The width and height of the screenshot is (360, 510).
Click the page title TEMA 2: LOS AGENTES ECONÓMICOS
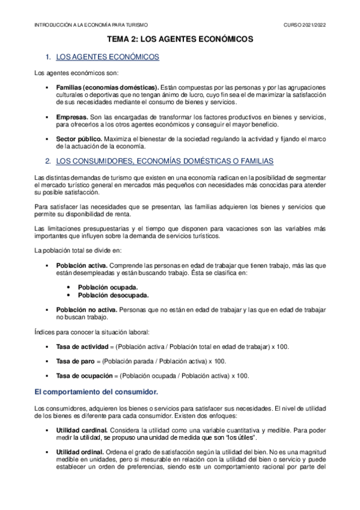pyautogui.click(x=180, y=39)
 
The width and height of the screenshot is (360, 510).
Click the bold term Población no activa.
pyautogui.click(x=87, y=309)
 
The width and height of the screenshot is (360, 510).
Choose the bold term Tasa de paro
pyautogui.click(x=76, y=361)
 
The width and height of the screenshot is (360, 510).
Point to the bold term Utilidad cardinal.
pyautogui.click(x=82, y=430)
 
